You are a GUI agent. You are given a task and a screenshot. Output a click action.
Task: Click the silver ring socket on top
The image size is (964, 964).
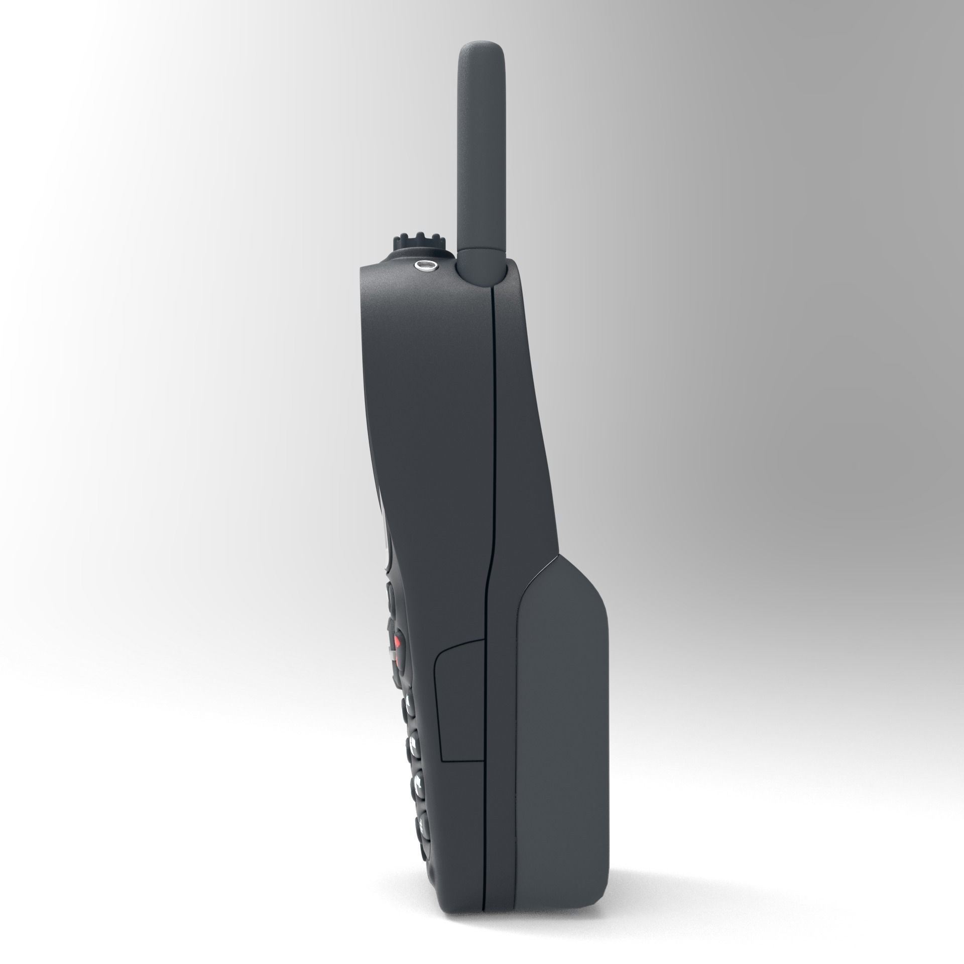[424, 267]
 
